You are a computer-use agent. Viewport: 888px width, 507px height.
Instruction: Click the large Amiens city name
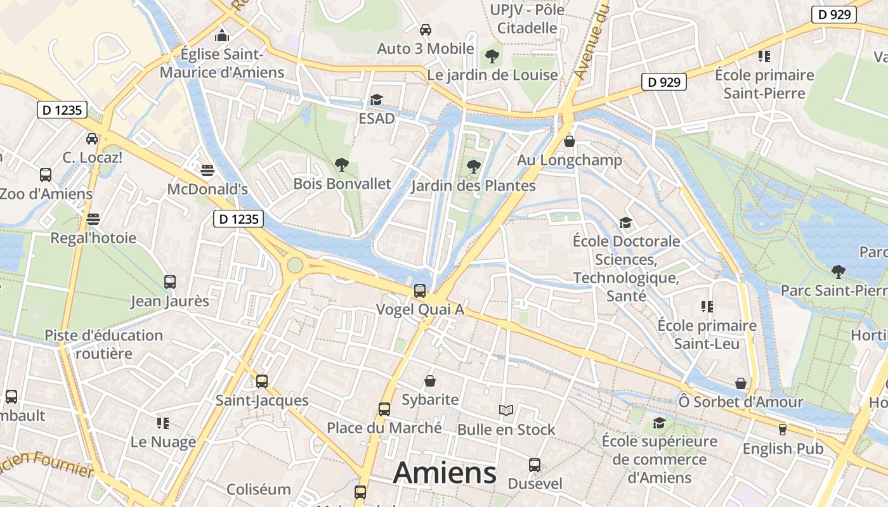click(x=445, y=473)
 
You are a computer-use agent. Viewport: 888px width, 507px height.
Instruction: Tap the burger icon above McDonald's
click(x=207, y=170)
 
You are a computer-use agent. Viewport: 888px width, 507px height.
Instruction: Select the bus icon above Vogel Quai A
click(x=420, y=291)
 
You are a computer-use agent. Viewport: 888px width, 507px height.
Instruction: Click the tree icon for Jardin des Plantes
click(x=473, y=167)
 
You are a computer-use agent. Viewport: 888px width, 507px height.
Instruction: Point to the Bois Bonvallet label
click(x=342, y=184)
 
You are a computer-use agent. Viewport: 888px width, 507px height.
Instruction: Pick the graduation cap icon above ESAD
click(x=377, y=100)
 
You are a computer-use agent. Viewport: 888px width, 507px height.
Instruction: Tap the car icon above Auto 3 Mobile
click(x=426, y=30)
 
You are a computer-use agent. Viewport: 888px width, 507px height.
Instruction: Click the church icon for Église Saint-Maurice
click(x=221, y=35)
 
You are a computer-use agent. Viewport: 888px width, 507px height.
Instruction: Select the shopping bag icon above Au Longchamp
click(x=570, y=141)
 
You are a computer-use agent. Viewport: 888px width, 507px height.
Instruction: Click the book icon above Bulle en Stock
click(x=506, y=411)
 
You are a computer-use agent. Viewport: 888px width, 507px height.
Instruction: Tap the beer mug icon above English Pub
click(x=783, y=430)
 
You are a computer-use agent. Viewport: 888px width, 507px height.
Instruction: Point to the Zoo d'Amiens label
click(x=46, y=193)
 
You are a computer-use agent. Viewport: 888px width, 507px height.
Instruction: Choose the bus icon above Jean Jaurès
click(x=170, y=281)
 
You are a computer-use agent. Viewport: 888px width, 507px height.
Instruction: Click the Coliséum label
click(x=258, y=489)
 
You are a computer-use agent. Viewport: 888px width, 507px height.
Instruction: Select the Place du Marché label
click(x=384, y=428)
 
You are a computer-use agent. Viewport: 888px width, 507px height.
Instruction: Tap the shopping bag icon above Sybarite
click(x=430, y=381)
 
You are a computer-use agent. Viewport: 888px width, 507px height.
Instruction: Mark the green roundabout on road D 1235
click(x=295, y=264)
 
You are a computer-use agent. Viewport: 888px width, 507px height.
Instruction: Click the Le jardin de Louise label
click(x=493, y=75)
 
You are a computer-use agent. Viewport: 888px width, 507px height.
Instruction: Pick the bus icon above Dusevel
click(x=535, y=465)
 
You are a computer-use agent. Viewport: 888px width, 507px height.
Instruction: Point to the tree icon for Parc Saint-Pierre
click(x=839, y=272)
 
